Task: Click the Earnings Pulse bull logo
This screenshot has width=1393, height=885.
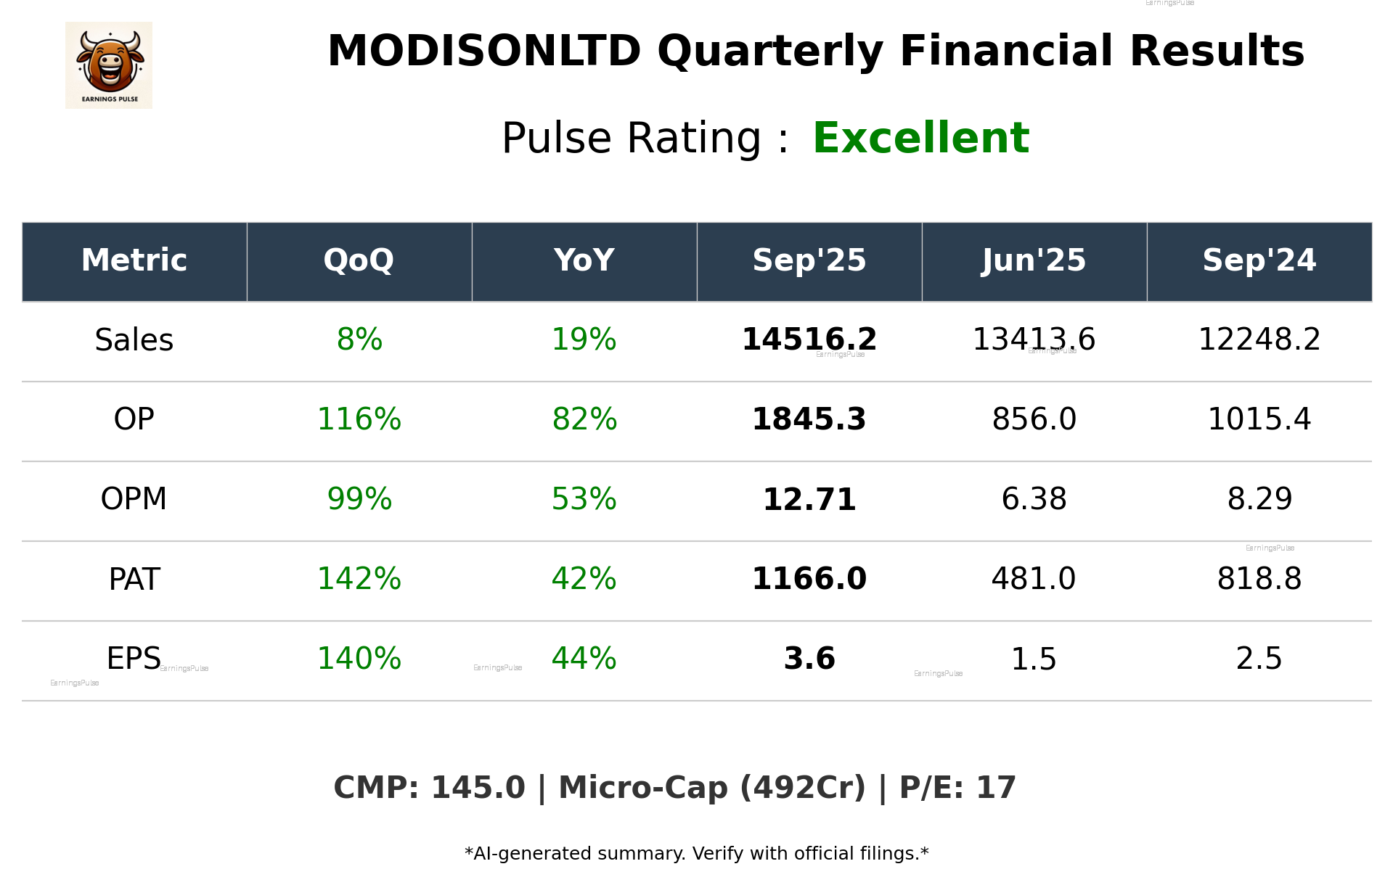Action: pos(109,65)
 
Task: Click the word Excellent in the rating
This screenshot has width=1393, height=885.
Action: pos(920,138)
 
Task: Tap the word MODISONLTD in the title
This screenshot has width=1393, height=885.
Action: pos(484,52)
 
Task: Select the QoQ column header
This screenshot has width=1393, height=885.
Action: pos(359,260)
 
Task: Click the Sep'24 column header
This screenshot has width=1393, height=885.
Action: pos(1259,260)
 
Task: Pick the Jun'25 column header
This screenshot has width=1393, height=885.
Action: pos(1034,260)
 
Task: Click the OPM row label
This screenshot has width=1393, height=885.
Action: pos(134,499)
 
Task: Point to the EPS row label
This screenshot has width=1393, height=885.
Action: pos(134,659)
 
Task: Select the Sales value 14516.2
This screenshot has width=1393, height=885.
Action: pos(809,339)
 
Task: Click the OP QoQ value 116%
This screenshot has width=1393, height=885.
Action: pos(359,419)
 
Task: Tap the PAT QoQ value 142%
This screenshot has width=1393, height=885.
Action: pos(359,579)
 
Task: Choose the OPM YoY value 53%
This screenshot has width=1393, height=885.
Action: pos(584,499)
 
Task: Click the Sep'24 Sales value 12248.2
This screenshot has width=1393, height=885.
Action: pos(1259,339)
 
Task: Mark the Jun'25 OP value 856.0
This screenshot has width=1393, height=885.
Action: pos(1034,419)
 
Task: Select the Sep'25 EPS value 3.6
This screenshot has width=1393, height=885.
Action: pos(809,659)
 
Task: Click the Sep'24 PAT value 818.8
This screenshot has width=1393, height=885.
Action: pos(1259,579)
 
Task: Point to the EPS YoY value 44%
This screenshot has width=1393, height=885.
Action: pos(584,659)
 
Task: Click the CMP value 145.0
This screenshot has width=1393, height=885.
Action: pos(478,788)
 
